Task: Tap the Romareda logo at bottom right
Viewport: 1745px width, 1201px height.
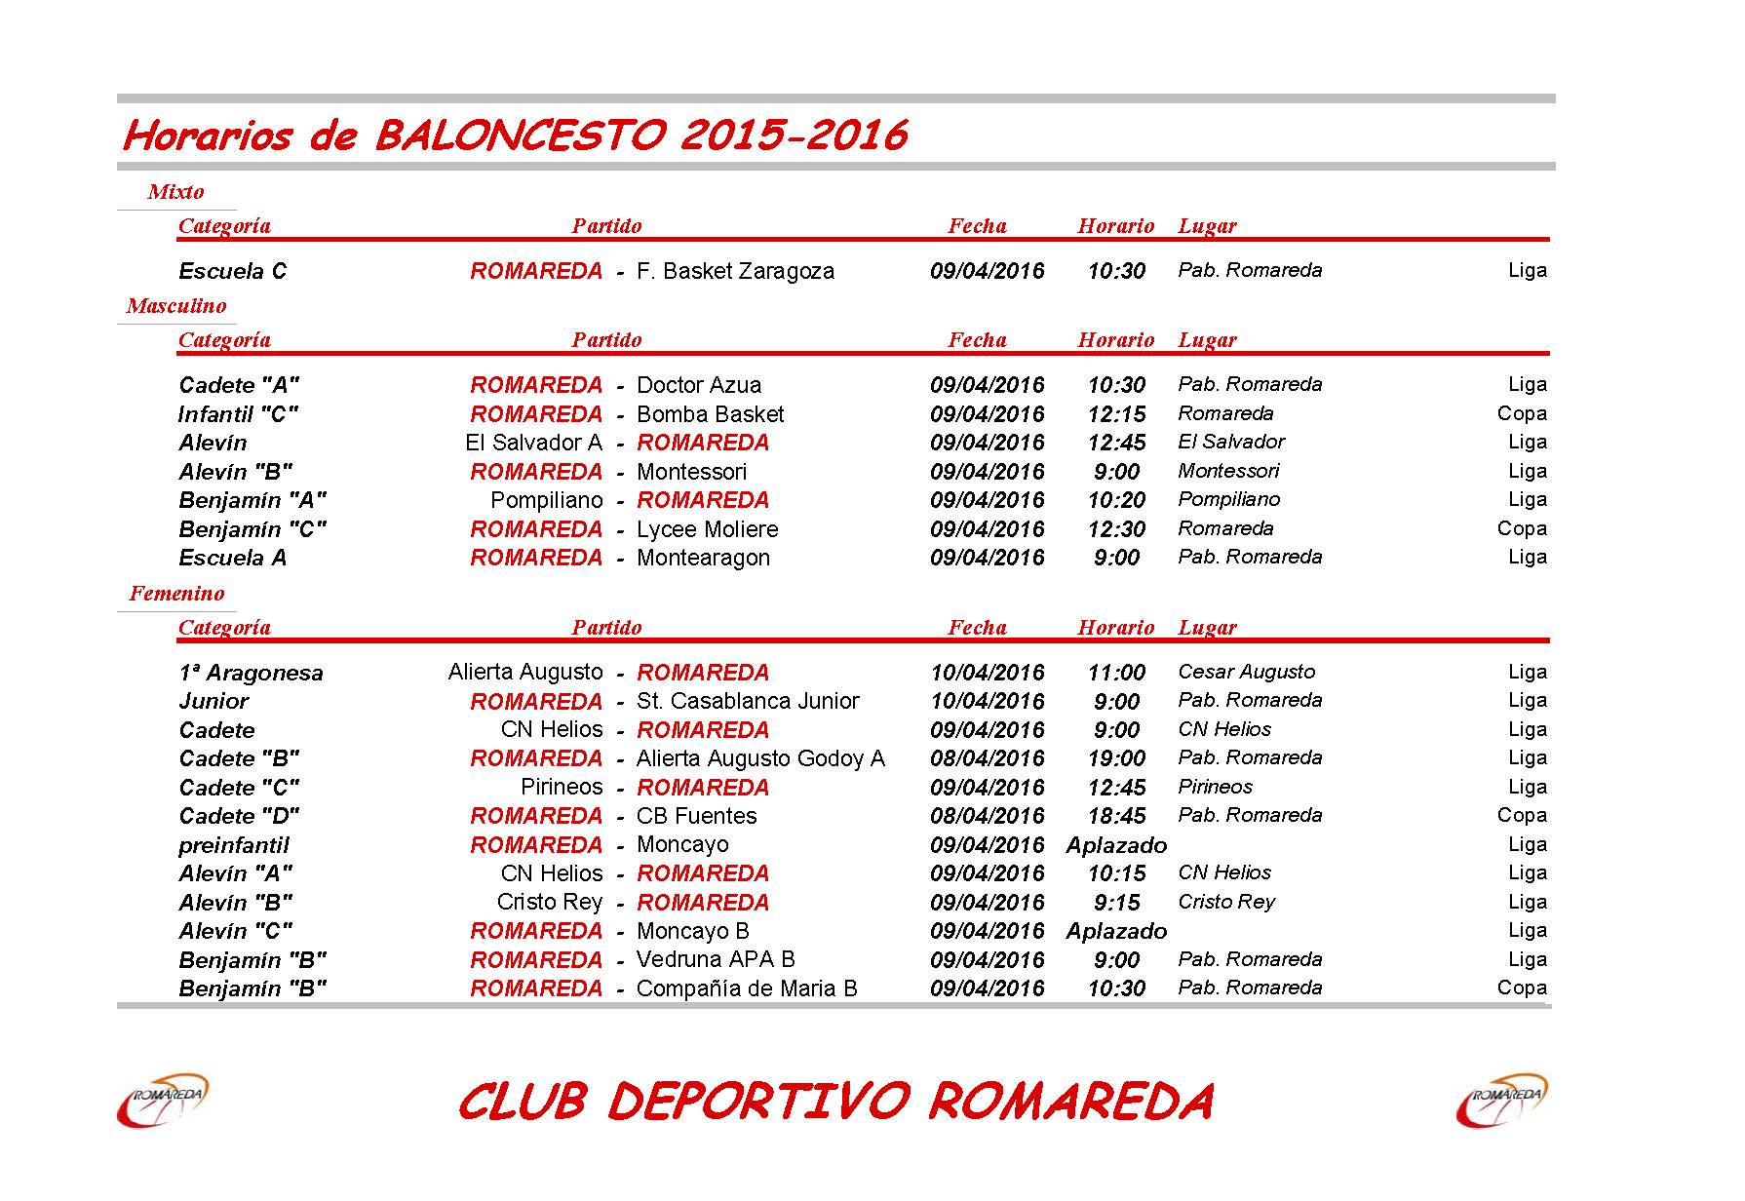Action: [1501, 1101]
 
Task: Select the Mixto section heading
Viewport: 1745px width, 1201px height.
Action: [175, 192]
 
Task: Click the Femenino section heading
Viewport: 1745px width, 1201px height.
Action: [176, 594]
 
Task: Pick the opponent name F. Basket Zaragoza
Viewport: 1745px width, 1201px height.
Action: [735, 271]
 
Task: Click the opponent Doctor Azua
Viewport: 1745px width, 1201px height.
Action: [698, 385]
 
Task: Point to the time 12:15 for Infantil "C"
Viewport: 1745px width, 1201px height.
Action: [1116, 414]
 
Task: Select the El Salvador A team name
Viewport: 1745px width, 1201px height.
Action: [533, 443]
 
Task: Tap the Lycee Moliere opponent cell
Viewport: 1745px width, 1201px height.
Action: [707, 529]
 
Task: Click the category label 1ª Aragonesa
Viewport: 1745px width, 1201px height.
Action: [251, 673]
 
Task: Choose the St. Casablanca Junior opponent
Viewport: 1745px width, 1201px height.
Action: [747, 701]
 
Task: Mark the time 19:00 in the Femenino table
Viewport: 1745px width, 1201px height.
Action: [1116, 758]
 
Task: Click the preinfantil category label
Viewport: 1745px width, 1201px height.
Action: [234, 845]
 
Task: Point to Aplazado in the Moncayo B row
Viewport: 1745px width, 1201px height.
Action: [1116, 931]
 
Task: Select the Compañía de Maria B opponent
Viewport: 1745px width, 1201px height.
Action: [747, 988]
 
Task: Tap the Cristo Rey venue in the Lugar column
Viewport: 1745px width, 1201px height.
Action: [1225, 902]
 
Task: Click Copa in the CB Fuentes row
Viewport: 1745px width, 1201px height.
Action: [1521, 815]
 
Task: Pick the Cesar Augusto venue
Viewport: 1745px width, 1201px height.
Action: [1246, 672]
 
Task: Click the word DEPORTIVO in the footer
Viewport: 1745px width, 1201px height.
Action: [757, 1102]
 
